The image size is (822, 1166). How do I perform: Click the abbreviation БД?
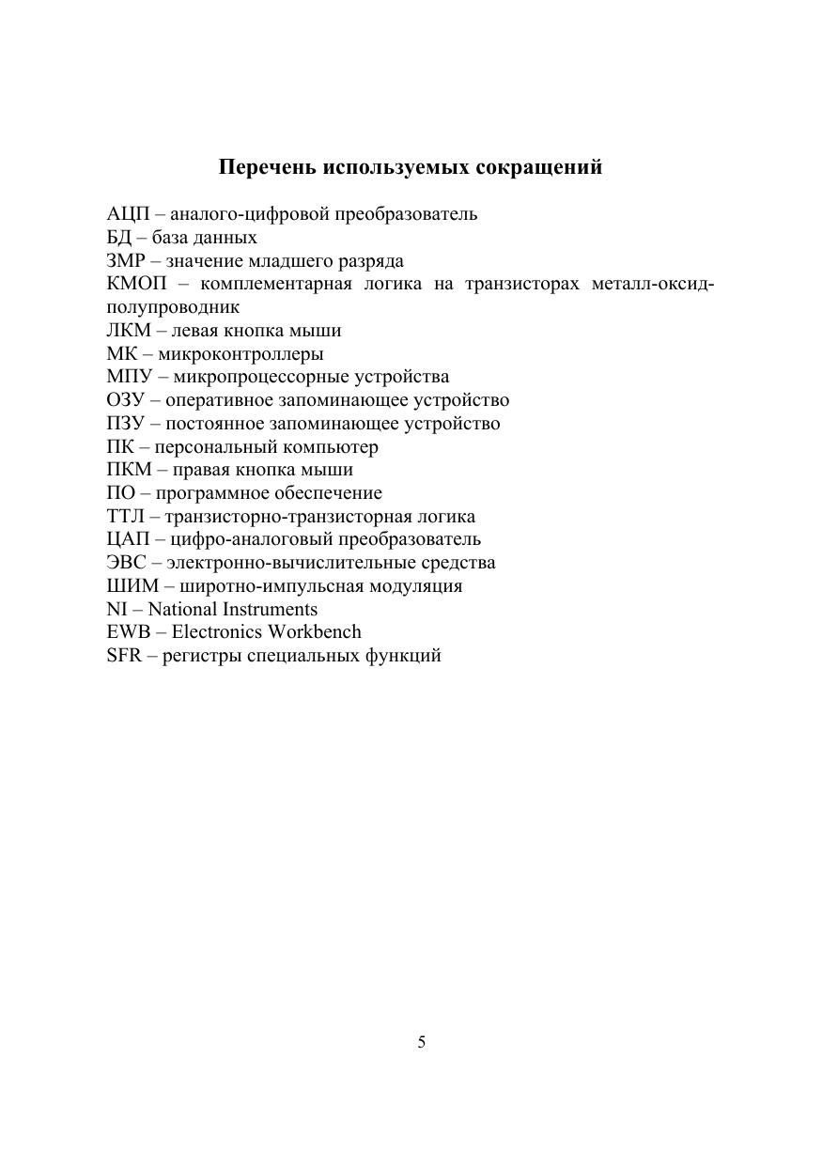click(x=118, y=238)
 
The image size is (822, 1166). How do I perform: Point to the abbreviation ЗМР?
click(x=125, y=261)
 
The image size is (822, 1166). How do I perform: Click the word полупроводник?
click(x=173, y=307)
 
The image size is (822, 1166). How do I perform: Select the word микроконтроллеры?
click(x=240, y=354)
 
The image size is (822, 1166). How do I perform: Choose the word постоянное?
click(x=209, y=424)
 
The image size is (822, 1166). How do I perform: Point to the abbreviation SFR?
click(x=124, y=656)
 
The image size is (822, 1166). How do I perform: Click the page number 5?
click(x=421, y=1042)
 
